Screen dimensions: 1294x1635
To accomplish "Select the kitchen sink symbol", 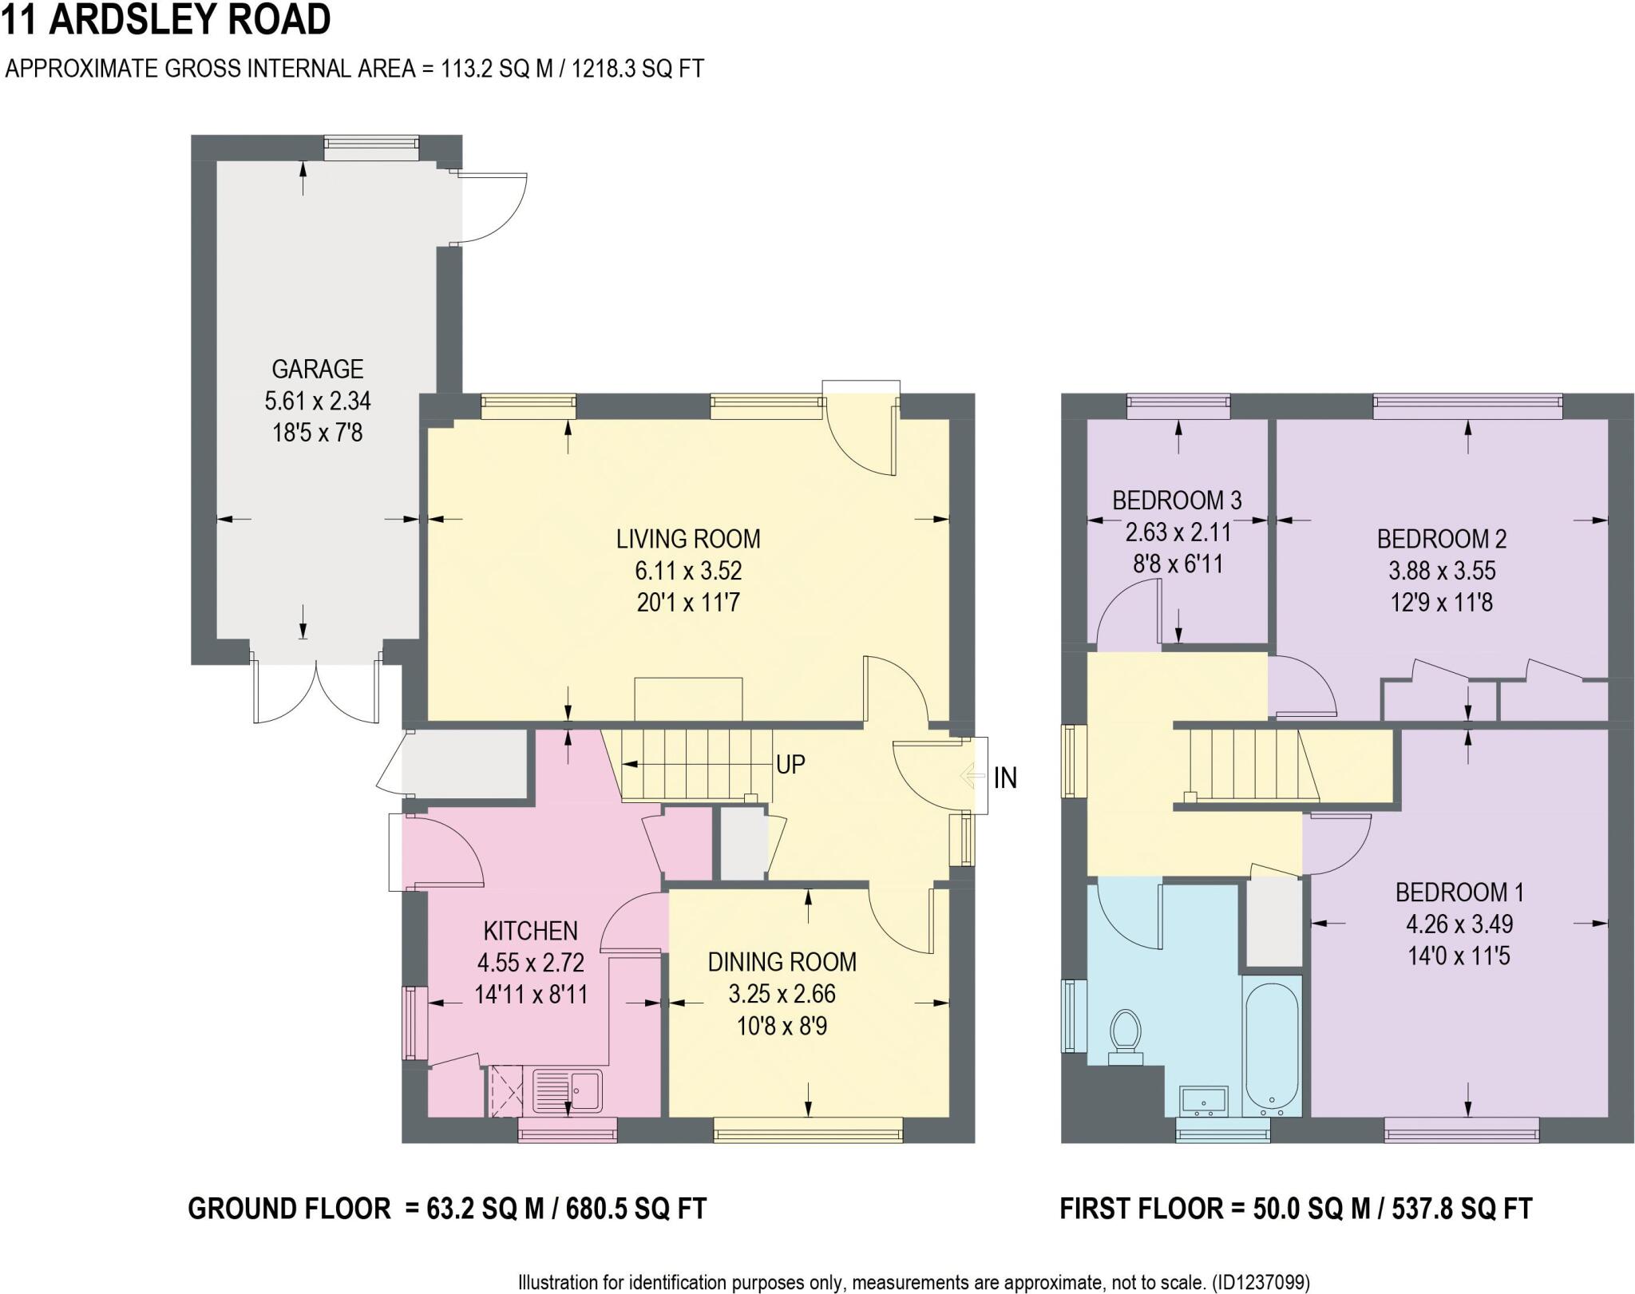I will click(568, 1090).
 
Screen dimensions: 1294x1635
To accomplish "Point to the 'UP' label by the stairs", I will click(790, 765).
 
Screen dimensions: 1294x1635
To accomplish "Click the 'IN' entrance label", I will click(1005, 778).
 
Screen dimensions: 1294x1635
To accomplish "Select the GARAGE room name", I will click(318, 369).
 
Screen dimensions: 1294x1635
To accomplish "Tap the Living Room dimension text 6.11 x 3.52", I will click(688, 571).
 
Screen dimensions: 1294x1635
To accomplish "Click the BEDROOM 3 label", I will click(1177, 501).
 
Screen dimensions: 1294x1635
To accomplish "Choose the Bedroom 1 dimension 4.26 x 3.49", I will click(1459, 924).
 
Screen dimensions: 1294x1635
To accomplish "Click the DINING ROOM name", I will click(782, 962).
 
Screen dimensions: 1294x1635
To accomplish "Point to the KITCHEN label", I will click(530, 931).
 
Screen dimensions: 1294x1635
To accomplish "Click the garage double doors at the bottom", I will click(317, 691).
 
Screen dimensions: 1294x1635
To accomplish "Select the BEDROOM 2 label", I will click(1441, 539).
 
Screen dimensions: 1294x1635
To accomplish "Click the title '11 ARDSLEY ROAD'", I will click(166, 20).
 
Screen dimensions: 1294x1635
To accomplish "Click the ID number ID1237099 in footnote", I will click(1261, 1282).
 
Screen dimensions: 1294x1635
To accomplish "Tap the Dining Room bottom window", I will click(808, 1129).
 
